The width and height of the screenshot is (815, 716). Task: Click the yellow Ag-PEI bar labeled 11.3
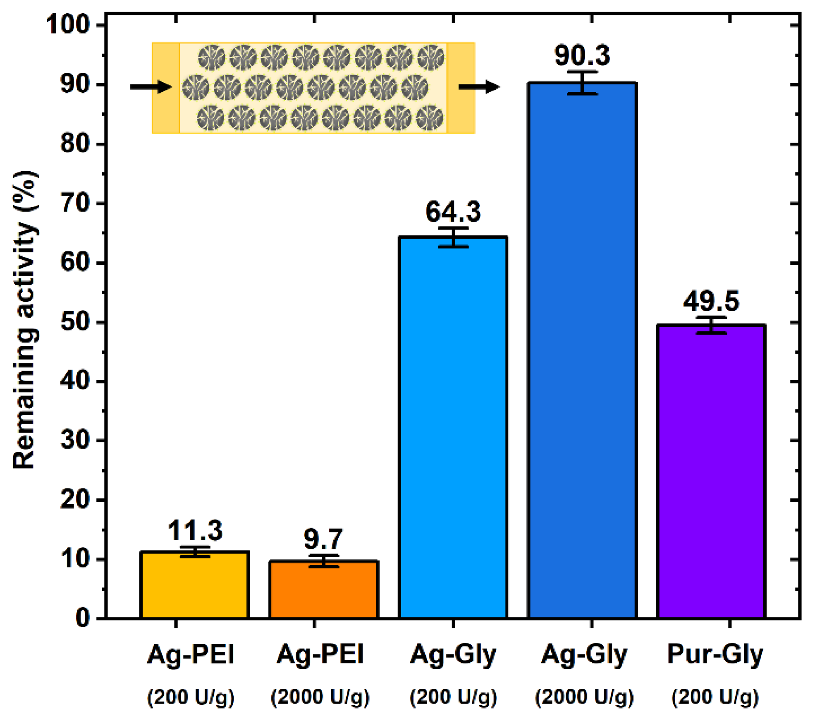194,585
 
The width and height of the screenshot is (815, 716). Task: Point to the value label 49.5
711,301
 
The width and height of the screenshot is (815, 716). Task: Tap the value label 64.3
453,211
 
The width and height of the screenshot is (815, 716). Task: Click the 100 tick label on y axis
68,24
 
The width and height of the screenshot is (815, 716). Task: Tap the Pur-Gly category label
715,655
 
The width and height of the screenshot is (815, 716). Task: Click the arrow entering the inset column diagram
151,87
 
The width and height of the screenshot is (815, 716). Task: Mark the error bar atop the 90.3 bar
582,83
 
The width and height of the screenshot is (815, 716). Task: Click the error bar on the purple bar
711,325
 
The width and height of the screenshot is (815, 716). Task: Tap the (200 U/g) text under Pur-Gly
715,697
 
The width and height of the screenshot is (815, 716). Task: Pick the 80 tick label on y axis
75,144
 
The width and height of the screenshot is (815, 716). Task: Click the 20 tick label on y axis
75,500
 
